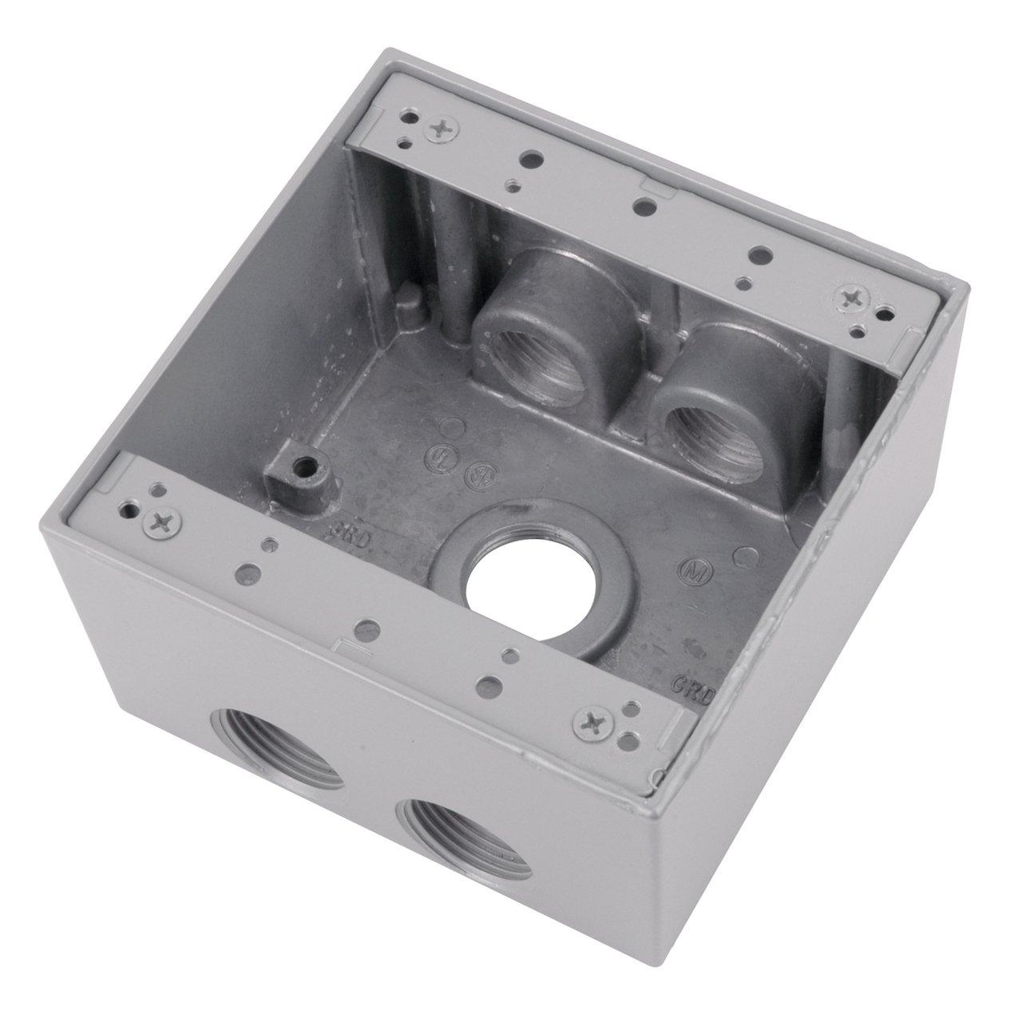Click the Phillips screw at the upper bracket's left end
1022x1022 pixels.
pyautogui.click(x=440, y=125)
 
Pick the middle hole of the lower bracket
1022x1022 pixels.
pyautogui.click(x=366, y=627)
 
